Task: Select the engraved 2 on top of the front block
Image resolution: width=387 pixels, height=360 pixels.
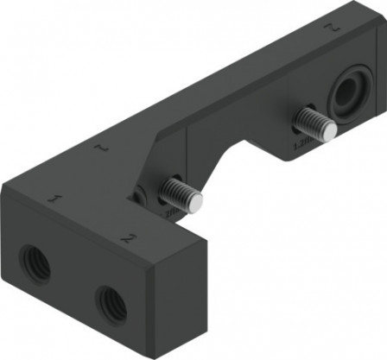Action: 129,237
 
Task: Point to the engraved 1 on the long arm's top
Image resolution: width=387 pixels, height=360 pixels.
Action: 101,148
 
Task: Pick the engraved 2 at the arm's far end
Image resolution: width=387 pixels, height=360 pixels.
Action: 327,28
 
